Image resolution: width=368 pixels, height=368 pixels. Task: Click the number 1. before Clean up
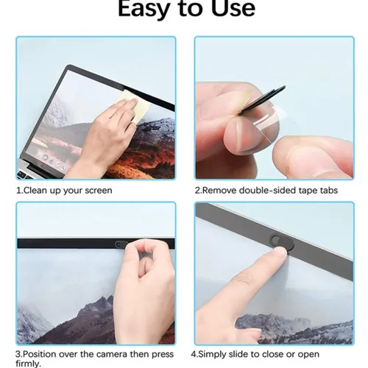pyautogui.click(x=20, y=190)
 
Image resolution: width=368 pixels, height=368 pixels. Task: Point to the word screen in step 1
pyautogui.click(x=97, y=190)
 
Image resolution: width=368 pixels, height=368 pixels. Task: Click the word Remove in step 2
pyautogui.click(x=223, y=190)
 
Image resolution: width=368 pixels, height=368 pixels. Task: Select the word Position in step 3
pyautogui.click(x=44, y=353)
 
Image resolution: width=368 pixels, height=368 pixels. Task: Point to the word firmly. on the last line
pyautogui.click(x=30, y=364)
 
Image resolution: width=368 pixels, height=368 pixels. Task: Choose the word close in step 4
pyautogui.click(x=289, y=353)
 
